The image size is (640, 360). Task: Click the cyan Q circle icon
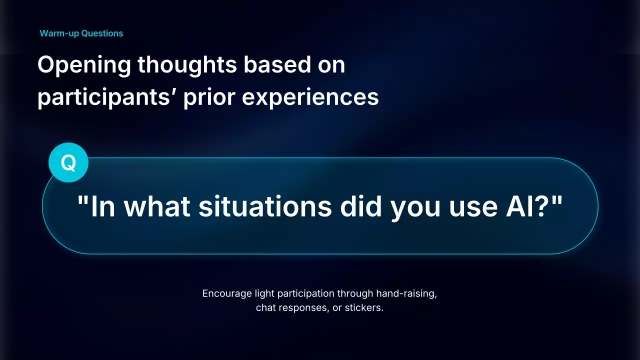[x=68, y=162]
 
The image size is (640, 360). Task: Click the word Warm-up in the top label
[x=59, y=33]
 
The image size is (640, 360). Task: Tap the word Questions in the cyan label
[x=102, y=33]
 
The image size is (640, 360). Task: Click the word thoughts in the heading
[x=187, y=64]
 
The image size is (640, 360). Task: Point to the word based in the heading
[x=277, y=64]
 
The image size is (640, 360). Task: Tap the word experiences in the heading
[x=310, y=97]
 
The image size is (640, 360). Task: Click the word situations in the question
[x=265, y=206]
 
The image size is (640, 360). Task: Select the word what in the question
[x=157, y=206]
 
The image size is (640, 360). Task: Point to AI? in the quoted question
[x=527, y=206]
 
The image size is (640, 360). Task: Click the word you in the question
[x=415, y=208]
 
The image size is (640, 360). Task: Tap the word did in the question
[x=361, y=206]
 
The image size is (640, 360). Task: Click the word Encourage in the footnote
[x=227, y=294]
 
